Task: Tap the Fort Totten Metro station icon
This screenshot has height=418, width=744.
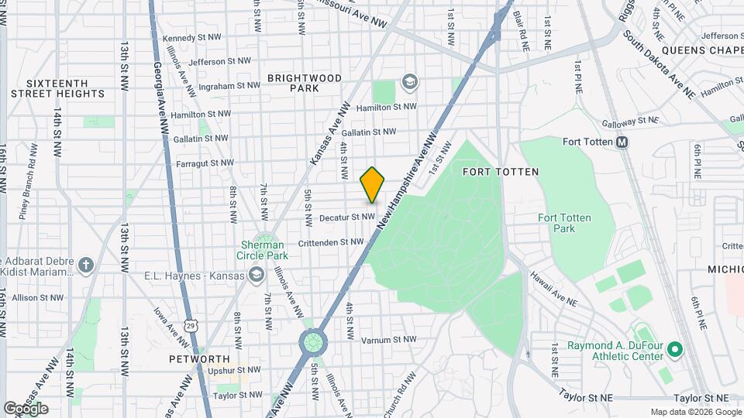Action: click(622, 142)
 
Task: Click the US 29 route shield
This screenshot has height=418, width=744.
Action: click(190, 326)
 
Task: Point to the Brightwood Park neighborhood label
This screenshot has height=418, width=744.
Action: click(293, 83)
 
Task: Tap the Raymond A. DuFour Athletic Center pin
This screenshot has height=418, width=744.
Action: click(673, 350)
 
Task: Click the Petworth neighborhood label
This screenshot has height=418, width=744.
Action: click(200, 359)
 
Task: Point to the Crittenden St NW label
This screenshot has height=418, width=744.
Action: click(330, 242)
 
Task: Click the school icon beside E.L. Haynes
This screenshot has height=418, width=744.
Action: click(255, 275)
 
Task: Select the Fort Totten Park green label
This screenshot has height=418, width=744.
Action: click(564, 223)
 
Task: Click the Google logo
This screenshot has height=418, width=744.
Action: click(26, 408)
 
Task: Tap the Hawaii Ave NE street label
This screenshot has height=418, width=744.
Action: click(553, 288)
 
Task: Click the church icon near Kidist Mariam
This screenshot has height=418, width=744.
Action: click(85, 265)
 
